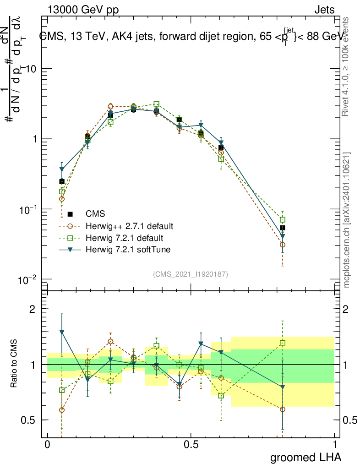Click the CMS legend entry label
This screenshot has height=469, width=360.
point(95,214)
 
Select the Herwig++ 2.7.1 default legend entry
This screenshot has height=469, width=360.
point(129,226)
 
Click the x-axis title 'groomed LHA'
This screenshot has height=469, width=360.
point(306,457)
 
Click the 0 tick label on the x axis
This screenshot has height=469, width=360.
point(47,445)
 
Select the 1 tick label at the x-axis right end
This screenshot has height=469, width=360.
point(334,445)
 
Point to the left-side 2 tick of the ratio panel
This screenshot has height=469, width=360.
point(33,309)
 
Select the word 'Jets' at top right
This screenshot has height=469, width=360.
point(324,10)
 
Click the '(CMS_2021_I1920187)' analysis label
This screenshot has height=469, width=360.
point(191,274)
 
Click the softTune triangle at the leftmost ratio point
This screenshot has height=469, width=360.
point(62,332)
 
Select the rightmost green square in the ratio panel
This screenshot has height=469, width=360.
point(283,343)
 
